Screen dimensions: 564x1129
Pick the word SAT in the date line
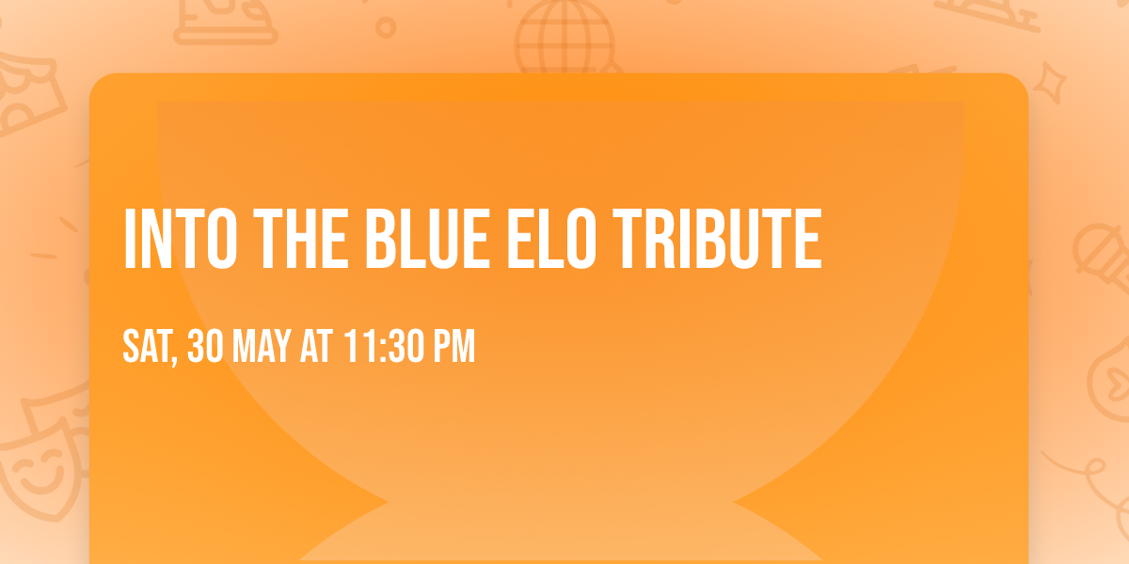point(147,347)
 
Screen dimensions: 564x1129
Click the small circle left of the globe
point(385,28)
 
